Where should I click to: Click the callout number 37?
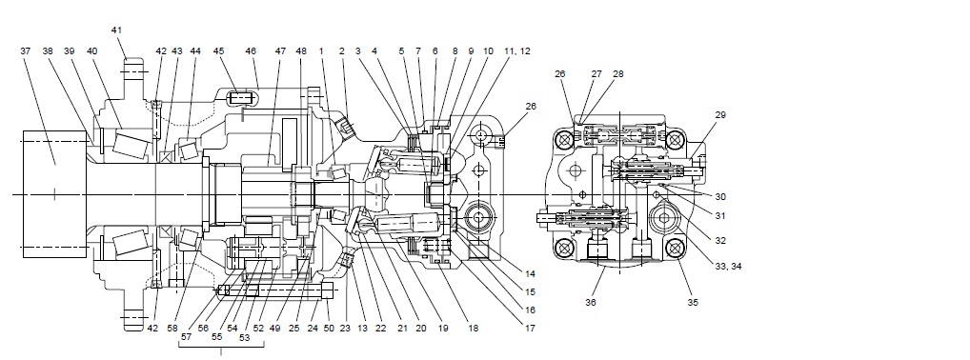coord(26,51)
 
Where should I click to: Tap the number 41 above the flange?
coord(117,30)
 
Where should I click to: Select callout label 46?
coord(252,51)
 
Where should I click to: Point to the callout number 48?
coord(301,51)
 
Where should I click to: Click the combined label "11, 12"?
coord(516,51)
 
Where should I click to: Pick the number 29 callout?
coord(720,115)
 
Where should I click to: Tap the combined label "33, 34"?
coord(728,267)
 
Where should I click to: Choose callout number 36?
coord(591,303)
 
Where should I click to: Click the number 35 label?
coord(693,303)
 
